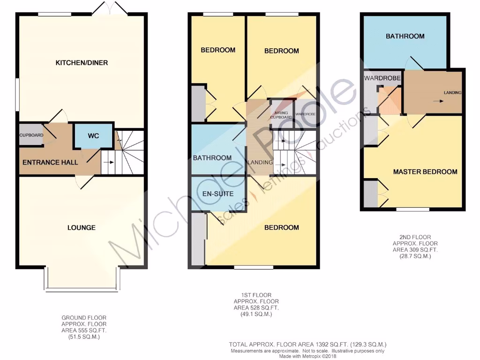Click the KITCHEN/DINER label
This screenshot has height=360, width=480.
tap(82, 63)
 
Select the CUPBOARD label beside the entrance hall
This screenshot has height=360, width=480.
tap(31, 135)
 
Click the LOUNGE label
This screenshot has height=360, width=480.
tap(81, 227)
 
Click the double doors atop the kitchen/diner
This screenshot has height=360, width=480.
tap(109, 8)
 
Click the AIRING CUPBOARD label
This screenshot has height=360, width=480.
tap(281, 115)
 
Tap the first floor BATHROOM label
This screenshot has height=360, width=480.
tap(212, 158)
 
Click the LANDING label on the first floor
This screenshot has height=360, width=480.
tap(260, 162)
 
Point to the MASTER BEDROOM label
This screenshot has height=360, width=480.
tap(425, 172)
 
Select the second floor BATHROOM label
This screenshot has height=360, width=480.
tap(405, 36)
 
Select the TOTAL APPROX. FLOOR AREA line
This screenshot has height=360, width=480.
tap(307, 344)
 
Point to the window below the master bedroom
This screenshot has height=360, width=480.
tap(412, 210)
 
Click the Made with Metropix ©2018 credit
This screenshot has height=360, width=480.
tap(307, 356)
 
